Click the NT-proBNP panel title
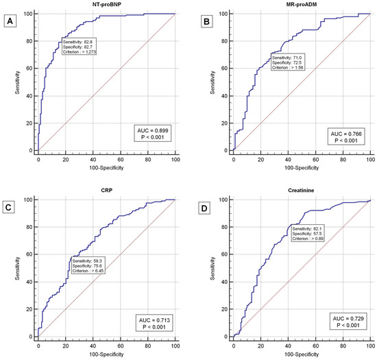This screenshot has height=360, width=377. point(106,5)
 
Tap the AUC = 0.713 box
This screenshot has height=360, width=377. point(150,319)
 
